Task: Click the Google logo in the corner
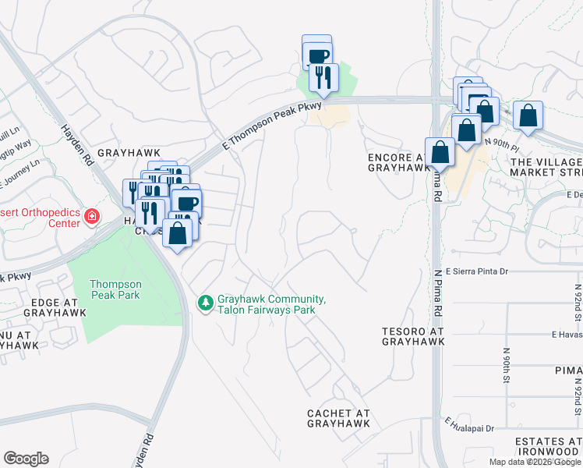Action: point(26,459)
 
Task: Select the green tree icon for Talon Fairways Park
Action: point(206,302)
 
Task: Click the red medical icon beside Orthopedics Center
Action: point(92,215)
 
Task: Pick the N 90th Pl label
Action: point(500,144)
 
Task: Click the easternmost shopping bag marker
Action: point(528,115)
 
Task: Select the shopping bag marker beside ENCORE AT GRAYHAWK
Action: point(440,151)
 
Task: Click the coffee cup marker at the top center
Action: point(317,55)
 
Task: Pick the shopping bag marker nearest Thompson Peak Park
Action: point(178,232)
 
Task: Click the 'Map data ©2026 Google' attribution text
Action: point(535,462)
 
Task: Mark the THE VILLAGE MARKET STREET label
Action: point(546,166)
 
